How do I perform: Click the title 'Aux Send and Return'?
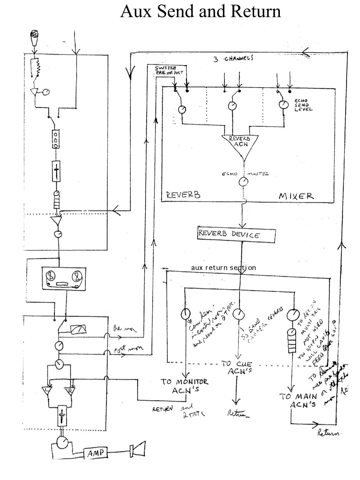(x=200, y=11)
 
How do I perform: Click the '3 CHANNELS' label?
(x=233, y=58)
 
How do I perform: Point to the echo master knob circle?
(x=243, y=182)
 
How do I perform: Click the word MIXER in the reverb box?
(x=296, y=196)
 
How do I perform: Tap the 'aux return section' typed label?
(x=223, y=268)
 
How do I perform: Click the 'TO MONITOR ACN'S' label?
(x=185, y=386)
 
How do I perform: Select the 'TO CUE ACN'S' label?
(x=236, y=368)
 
